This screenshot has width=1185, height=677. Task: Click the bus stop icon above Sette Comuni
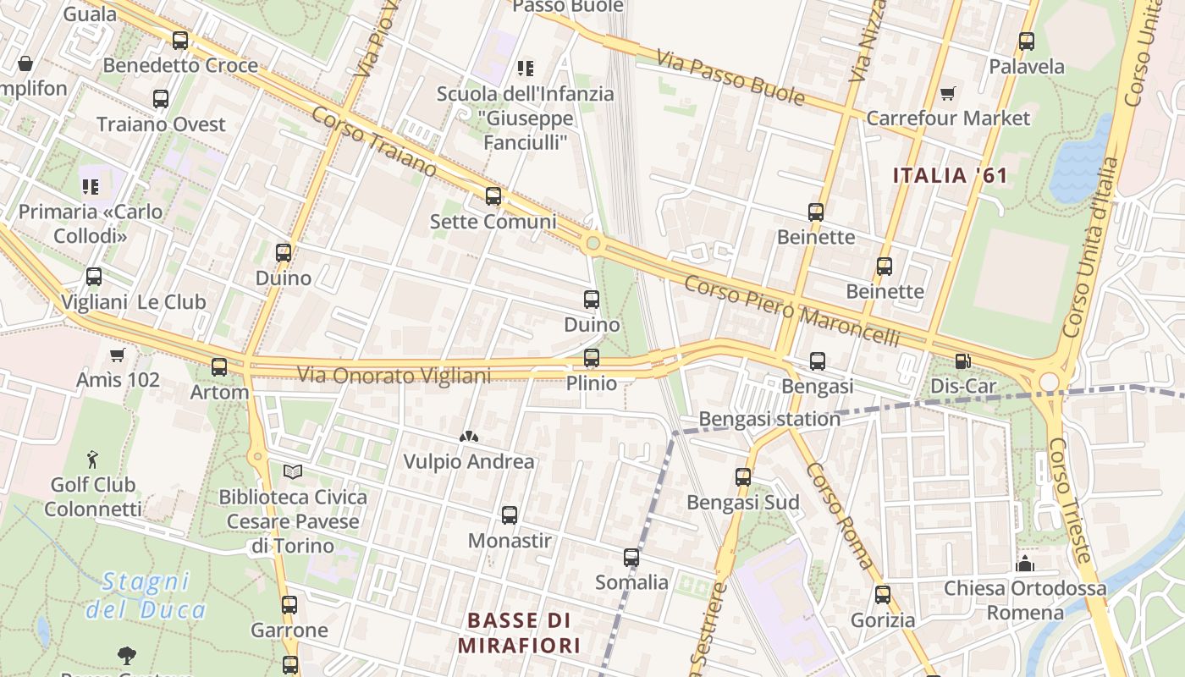pos(493,197)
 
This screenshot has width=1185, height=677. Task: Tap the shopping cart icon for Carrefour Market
pos(947,93)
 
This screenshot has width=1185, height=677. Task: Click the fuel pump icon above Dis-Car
pos(962,361)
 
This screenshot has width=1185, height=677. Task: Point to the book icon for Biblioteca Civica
pos(293,471)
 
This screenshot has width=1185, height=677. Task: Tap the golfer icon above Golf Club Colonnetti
pos(92,460)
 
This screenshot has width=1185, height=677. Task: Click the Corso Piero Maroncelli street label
pos(791,310)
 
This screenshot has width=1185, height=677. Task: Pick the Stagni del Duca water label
pos(146,595)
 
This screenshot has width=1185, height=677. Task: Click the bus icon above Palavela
pos(1026,41)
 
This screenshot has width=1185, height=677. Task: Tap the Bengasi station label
pos(769,419)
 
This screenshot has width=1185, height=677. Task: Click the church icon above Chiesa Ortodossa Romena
pos(1025,563)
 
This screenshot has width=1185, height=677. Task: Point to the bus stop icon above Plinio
pos(592,358)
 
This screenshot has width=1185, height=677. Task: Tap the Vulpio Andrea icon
pos(468,437)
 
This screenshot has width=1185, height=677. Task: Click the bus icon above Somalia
pos(631,558)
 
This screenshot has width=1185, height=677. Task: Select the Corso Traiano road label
pos(373,141)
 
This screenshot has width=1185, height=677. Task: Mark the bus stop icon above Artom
pos(219,367)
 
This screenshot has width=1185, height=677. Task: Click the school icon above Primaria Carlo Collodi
pos(90,186)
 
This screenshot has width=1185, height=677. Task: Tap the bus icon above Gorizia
pos(883,595)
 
